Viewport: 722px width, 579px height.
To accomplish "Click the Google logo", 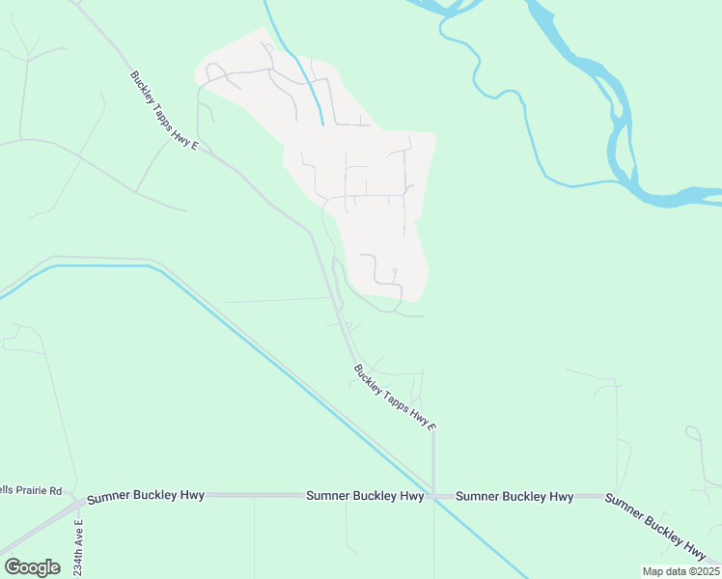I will [x=32, y=566].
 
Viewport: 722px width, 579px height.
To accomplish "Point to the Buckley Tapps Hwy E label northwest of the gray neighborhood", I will [x=164, y=111].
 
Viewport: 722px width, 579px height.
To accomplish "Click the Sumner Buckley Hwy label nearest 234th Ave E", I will [x=146, y=496].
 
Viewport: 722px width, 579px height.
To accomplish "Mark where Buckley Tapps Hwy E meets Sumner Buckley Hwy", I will [x=433, y=496].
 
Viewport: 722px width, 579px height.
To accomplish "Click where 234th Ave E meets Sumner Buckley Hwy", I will [x=81, y=498].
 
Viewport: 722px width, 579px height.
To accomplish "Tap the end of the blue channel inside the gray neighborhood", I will [x=321, y=124].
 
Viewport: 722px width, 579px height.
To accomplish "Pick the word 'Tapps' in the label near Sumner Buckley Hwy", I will [x=394, y=397].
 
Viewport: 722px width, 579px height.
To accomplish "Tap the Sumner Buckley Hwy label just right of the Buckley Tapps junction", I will [x=514, y=497].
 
